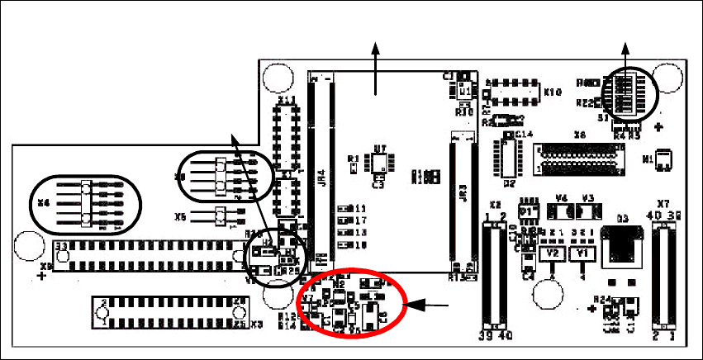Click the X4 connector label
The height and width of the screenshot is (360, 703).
pos(44,201)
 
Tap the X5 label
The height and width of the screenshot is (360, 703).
pos(180,218)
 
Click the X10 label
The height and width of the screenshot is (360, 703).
pos(552,92)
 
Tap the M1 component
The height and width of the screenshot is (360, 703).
pos(663,158)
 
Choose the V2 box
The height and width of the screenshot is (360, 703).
pos(553,253)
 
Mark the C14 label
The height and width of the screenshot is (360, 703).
pos(524,134)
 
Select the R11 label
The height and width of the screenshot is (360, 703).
pos(359,208)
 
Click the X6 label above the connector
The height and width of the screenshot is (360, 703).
pos(580,135)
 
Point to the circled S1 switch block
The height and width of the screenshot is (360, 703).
pos(625,95)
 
